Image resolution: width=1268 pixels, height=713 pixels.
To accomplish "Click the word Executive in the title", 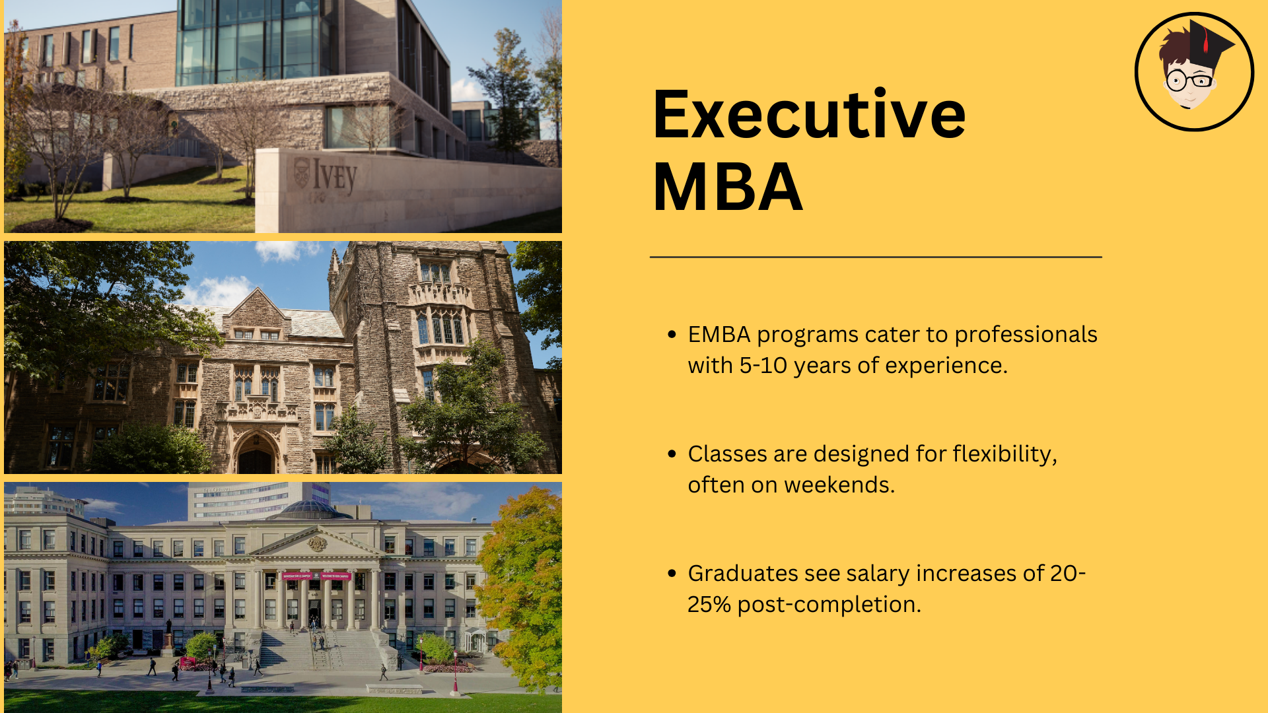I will pos(808,115).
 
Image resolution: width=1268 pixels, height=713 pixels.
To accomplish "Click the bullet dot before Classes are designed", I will pos(672,454).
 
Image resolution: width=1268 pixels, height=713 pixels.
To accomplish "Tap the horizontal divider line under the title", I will pos(876,257).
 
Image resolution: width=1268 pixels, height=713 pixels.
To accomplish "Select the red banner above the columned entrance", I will pos(316,576).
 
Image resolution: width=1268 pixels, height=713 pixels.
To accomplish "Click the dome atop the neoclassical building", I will pos(310,508).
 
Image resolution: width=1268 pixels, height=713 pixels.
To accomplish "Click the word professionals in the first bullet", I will pos(1026,335).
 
